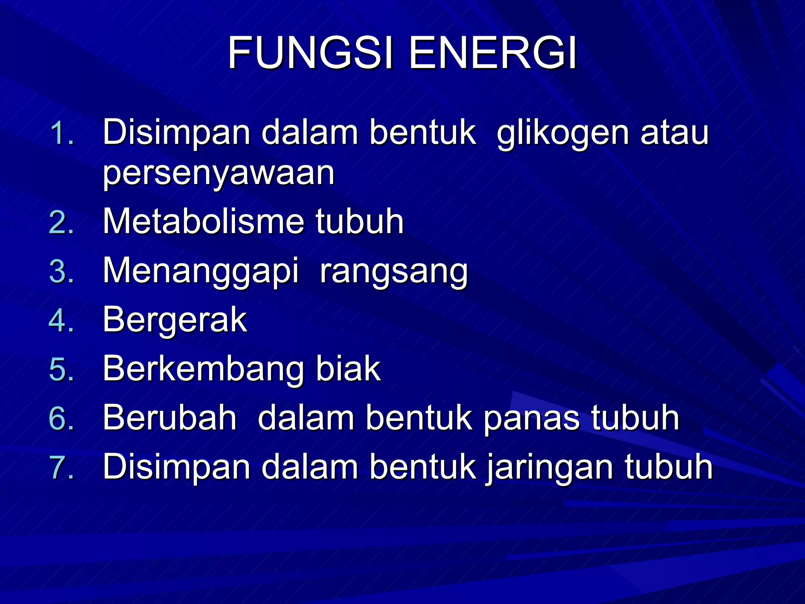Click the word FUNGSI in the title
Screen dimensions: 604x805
pos(311,53)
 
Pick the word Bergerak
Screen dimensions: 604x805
pos(175,321)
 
